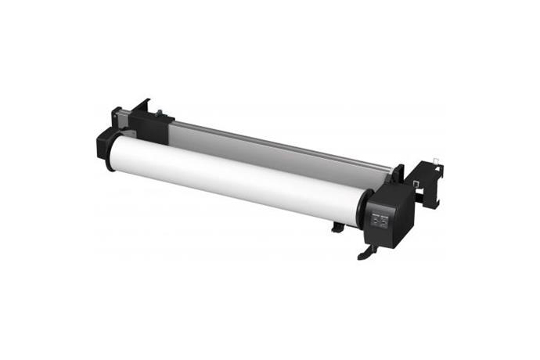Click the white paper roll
(235, 176)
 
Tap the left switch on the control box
(374, 222)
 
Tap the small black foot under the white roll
(337, 228)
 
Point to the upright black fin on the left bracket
(143, 106)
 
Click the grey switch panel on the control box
(379, 221)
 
